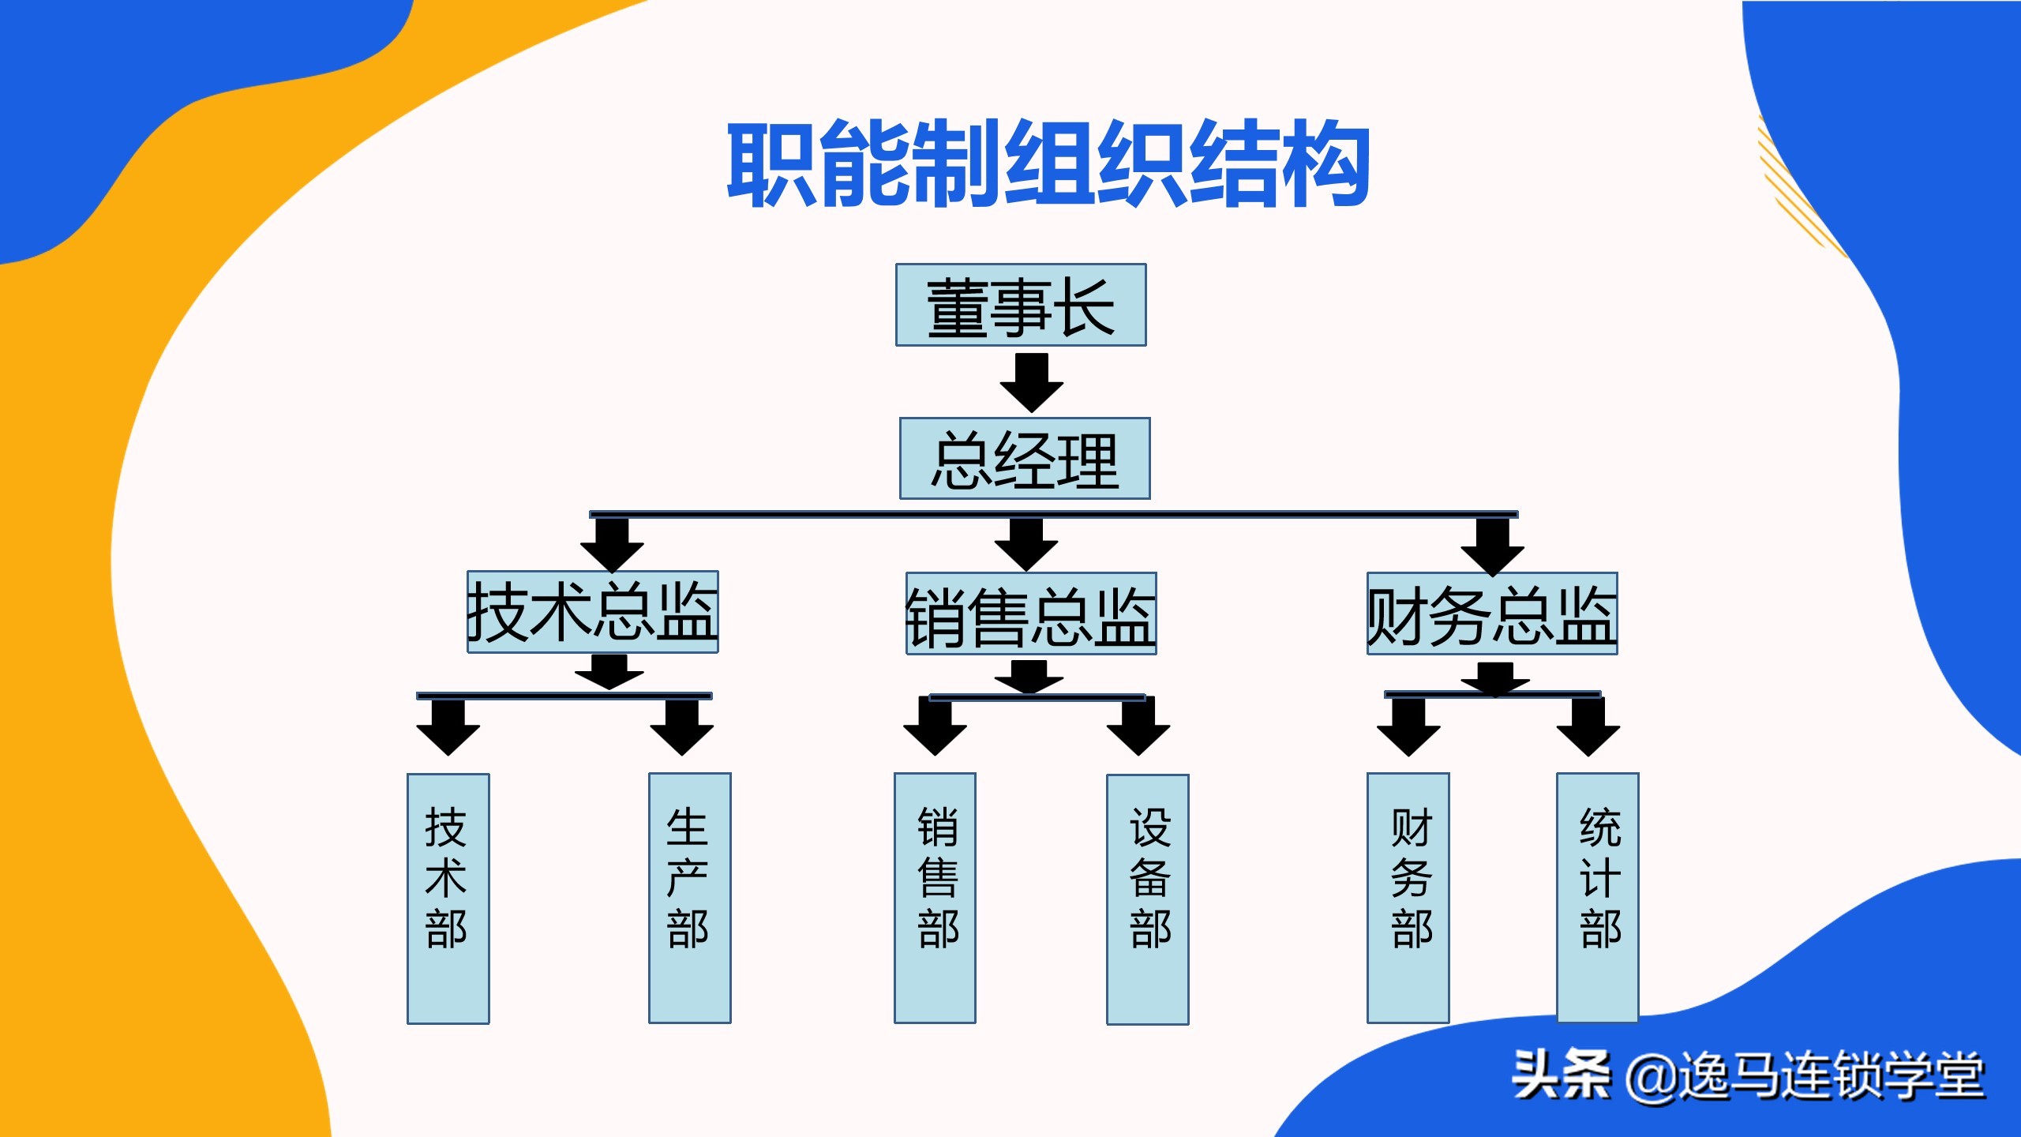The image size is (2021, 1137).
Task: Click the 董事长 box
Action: tap(1020, 305)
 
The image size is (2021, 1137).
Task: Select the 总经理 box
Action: tap(1024, 459)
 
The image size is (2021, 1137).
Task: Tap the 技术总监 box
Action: tap(592, 612)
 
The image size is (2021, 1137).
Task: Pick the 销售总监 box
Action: tap(1030, 614)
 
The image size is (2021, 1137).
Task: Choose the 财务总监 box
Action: tap(1491, 614)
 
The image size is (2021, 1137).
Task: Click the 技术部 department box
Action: tap(448, 898)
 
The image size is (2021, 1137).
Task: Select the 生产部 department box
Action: tap(689, 898)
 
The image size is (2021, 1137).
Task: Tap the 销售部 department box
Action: tap(935, 898)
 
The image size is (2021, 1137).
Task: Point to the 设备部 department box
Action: tap(1147, 899)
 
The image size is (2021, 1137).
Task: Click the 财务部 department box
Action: tap(1408, 898)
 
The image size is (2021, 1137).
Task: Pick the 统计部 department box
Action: tap(1597, 898)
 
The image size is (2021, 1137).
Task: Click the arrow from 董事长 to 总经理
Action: tap(1031, 382)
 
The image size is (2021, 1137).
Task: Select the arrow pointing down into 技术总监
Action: tap(612, 546)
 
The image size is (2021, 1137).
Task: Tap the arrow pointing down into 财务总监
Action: tap(1492, 547)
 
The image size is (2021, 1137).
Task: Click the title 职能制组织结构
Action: tap(1048, 163)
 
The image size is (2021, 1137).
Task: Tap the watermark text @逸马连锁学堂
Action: tap(1805, 1075)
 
